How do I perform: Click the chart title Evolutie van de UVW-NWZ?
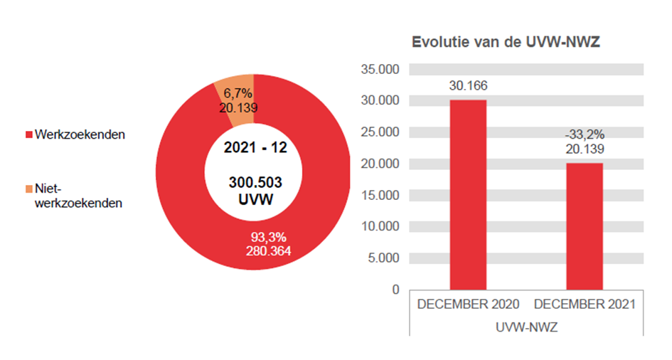point(506,42)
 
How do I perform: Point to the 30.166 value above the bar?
point(467,86)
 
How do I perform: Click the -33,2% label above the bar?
point(584,134)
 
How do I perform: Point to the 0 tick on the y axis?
point(395,289)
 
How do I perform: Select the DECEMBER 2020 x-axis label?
point(468,304)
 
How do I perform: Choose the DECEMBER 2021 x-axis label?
point(585,304)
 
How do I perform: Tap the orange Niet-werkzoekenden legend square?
point(29,189)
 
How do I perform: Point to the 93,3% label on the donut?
point(267,237)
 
